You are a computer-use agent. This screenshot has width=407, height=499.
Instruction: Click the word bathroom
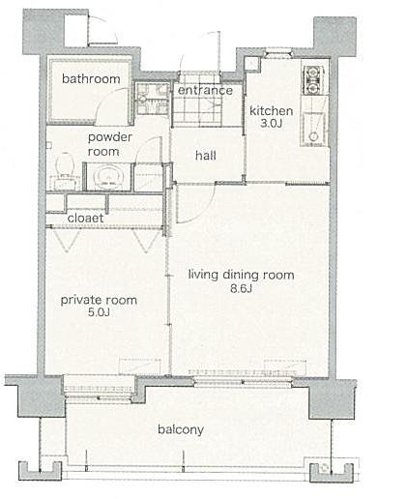tap(91, 78)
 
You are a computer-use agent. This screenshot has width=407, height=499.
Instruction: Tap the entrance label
tap(205, 90)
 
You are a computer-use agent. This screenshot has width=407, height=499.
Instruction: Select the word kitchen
tap(272, 111)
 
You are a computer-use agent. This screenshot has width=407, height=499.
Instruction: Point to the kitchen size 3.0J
tap(272, 124)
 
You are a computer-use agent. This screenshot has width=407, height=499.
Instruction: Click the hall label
tap(206, 156)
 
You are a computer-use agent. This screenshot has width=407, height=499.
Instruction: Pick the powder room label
tap(110, 144)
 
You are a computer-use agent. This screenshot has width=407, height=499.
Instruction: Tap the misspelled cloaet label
tap(85, 219)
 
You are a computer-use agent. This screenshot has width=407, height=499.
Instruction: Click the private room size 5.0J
tap(99, 312)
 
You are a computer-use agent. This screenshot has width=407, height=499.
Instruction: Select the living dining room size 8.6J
tap(241, 288)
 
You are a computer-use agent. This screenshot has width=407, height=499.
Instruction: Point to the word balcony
tap(181, 429)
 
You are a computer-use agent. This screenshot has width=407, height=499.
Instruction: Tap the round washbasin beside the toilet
tap(108, 177)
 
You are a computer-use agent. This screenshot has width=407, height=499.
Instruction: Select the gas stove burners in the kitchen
tap(311, 79)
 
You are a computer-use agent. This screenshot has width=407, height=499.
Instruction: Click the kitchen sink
tap(313, 128)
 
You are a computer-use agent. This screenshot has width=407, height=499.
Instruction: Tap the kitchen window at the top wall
tap(278, 52)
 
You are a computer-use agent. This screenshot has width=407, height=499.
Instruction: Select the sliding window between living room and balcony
tap(243, 383)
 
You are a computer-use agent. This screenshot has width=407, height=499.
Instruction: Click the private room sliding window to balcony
tap(99, 390)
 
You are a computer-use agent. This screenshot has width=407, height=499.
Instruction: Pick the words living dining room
tap(241, 276)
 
